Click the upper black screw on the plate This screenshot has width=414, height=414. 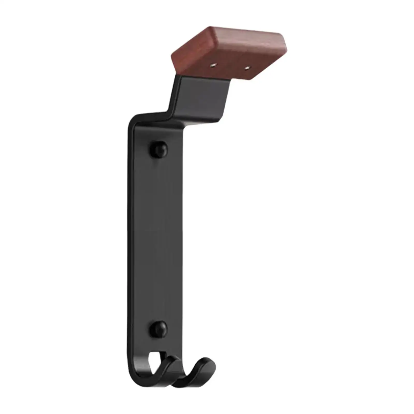pos(159,149)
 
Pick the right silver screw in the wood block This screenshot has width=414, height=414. pos(248,68)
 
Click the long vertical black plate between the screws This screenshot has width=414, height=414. pos(155,238)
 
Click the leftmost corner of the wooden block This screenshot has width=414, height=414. pos(173,57)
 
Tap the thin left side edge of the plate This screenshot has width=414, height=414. pos(129,233)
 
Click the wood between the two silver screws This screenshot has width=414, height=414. pos(230,67)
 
